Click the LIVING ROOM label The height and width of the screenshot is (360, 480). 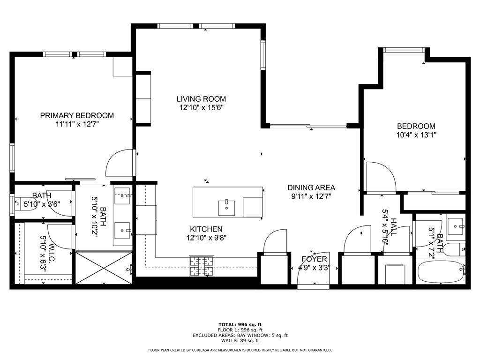pyautogui.click(x=201, y=99)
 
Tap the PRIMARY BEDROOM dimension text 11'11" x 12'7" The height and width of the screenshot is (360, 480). pyautogui.click(x=77, y=124)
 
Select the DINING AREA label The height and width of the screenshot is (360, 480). pyautogui.click(x=311, y=187)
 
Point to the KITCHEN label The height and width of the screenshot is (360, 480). pyautogui.click(x=206, y=229)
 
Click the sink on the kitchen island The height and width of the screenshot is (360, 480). pyautogui.click(x=226, y=207)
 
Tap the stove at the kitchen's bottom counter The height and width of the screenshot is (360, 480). pyautogui.click(x=201, y=266)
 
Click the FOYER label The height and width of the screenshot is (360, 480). pyautogui.click(x=314, y=259)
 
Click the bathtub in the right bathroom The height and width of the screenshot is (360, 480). pyautogui.click(x=440, y=272)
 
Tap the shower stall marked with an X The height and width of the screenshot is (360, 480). pyautogui.click(x=104, y=268)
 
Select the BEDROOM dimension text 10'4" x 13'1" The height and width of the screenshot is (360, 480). pyautogui.click(x=416, y=135)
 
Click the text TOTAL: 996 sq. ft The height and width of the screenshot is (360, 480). pyautogui.click(x=240, y=324)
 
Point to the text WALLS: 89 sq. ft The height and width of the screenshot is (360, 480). pyautogui.click(x=240, y=341)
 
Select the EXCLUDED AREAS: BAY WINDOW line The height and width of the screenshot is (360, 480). pyautogui.click(x=240, y=335)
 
